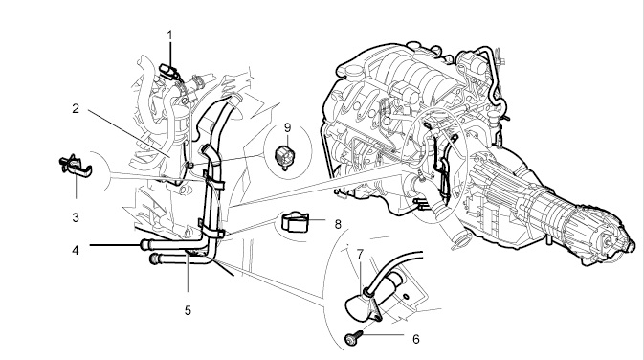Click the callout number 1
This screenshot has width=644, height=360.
pos(170,35)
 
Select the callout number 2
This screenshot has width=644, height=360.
pos(76,109)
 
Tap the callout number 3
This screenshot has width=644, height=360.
pos(76,217)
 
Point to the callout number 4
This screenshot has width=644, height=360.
pos(76,250)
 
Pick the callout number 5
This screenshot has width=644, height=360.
pos(188,310)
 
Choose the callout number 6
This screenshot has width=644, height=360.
pos(416,339)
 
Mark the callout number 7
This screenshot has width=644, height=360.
pos(360,255)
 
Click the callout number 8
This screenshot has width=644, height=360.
pos(338,224)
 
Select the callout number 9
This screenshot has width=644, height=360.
pos(287,127)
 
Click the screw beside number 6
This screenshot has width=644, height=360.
pos(354,338)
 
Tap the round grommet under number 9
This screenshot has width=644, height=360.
pos(284,157)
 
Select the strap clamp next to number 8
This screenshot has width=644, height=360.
pos(295,222)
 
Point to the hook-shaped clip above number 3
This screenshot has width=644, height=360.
pos(76,167)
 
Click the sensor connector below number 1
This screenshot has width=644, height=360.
pos(168,70)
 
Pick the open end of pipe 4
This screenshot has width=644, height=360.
pos(144,245)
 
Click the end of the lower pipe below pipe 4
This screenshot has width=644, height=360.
pos(153,259)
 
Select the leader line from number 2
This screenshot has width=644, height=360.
pos(129,133)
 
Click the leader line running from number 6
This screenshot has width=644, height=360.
pos(384,334)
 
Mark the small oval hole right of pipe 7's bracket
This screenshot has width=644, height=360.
pos(406,296)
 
